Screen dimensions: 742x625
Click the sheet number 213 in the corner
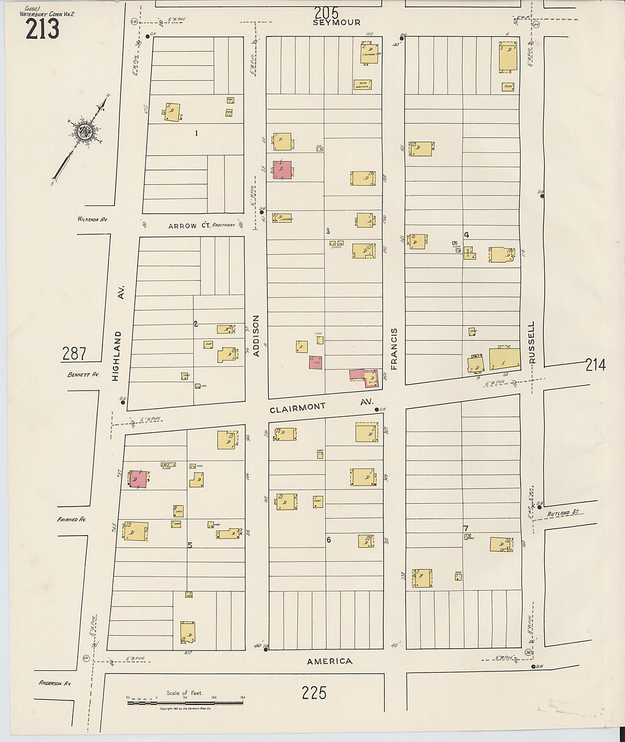coord(42,29)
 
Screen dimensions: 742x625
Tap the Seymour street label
coord(336,23)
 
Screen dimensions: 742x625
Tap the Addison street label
coord(256,336)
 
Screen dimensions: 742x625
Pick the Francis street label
coord(394,349)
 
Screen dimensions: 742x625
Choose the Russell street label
coord(532,342)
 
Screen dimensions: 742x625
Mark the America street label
coord(330,661)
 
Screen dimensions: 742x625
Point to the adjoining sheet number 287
coord(74,354)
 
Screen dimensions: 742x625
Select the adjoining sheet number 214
coord(595,365)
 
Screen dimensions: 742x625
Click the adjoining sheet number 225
coord(314,693)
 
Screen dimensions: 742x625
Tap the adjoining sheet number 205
coord(326,12)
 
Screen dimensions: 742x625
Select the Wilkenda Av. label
coord(92,219)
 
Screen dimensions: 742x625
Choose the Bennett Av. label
coord(83,375)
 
